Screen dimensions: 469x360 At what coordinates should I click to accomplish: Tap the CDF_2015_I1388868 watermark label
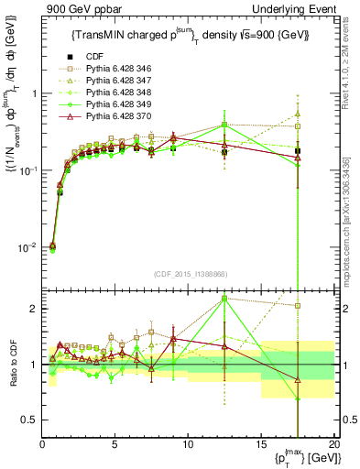pyautogui.click(x=189, y=275)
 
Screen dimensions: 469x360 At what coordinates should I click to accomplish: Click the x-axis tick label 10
pyautogui.click(x=188, y=444)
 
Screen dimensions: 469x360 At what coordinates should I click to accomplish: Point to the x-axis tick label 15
pyautogui.click(x=261, y=444)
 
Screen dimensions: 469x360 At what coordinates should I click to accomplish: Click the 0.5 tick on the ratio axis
pyautogui.click(x=30, y=420)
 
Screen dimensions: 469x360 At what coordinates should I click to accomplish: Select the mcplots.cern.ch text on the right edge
pyautogui.click(x=351, y=229)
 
